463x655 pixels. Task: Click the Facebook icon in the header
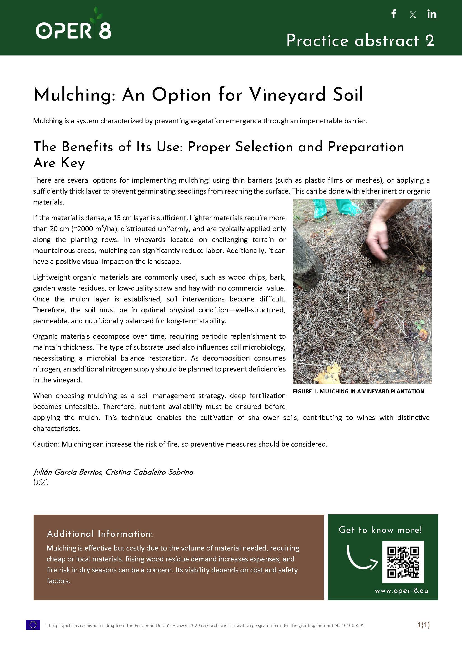(394, 14)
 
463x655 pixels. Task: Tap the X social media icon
(413, 15)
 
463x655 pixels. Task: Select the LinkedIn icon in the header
(432, 14)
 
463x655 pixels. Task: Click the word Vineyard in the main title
(288, 94)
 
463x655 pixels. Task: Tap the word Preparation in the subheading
(366, 147)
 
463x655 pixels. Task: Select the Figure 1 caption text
(358, 391)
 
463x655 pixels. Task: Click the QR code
(403, 562)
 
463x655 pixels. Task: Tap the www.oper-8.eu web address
(401, 591)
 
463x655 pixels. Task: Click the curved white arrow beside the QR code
(361, 558)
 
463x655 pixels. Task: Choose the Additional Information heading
(100, 534)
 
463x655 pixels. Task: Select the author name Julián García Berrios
(67, 472)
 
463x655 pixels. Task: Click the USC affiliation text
(41, 482)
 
